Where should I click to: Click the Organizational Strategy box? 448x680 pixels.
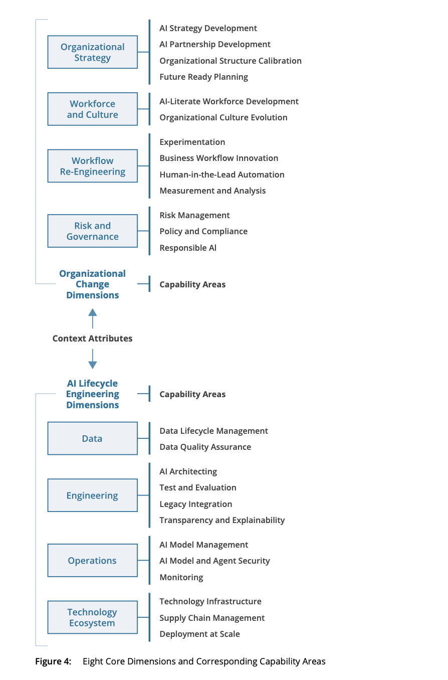pyautogui.click(x=93, y=52)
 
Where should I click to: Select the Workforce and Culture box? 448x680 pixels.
pyautogui.click(x=93, y=109)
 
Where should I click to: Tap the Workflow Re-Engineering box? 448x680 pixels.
pyautogui.click(x=93, y=166)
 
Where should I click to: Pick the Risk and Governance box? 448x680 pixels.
pyautogui.click(x=93, y=231)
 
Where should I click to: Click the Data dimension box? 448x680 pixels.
pyautogui.click(x=93, y=438)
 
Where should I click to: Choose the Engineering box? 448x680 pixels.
pyautogui.click(x=93, y=495)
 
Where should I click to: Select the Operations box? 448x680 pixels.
pyautogui.click(x=93, y=560)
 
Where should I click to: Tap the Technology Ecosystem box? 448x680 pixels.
pyautogui.click(x=93, y=617)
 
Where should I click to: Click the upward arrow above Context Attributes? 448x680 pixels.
pyautogui.click(x=93, y=318)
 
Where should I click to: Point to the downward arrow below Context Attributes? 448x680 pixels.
pyautogui.click(x=93, y=359)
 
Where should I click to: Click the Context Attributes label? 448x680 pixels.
pyautogui.click(x=93, y=338)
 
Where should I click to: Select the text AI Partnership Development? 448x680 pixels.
pyautogui.click(x=215, y=44)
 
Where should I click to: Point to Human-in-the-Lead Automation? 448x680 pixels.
pyautogui.click(x=222, y=175)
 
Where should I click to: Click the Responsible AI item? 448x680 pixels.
pyautogui.click(x=188, y=248)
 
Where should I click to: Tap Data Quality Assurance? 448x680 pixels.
pyautogui.click(x=205, y=447)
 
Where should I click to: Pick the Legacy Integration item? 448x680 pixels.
pyautogui.click(x=195, y=504)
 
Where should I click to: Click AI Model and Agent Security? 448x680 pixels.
pyautogui.click(x=215, y=561)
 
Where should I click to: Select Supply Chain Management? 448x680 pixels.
pyautogui.click(x=212, y=618)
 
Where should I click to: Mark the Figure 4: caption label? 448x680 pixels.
pyautogui.click(x=54, y=661)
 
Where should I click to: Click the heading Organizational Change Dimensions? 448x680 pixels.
pyautogui.click(x=93, y=284)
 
